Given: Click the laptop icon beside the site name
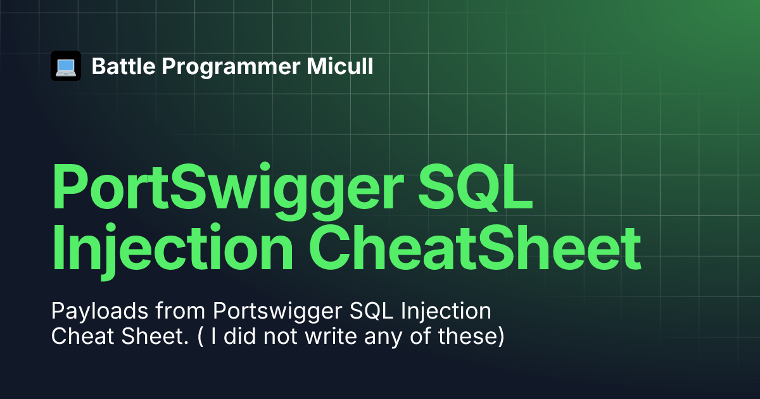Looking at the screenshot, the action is pos(66,66).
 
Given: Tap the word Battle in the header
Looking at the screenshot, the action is pos(123,66).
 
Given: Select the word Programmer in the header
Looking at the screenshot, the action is pos(231,67).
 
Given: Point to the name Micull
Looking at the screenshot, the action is pos(340,66).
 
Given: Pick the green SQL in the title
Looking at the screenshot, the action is pos(476,187).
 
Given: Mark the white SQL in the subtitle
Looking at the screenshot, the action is pos(371,311).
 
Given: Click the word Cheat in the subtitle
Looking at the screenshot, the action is pos(82,336).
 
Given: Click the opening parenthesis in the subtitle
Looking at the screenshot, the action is pos(201,337).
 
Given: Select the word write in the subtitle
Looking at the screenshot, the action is pos(331,336).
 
